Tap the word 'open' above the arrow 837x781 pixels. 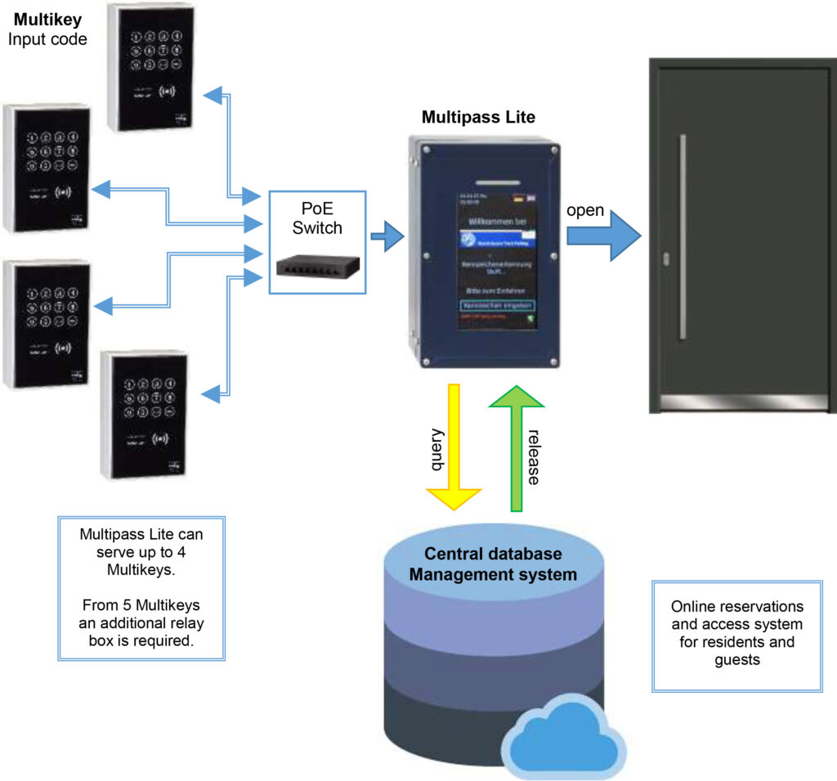[x=585, y=210]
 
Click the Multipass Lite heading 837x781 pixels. [x=478, y=117]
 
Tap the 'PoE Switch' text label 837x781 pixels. [x=317, y=219]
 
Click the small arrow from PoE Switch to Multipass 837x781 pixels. [x=387, y=237]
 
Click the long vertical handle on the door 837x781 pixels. [x=683, y=236]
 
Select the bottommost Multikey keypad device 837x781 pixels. [x=144, y=415]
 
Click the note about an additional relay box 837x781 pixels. [x=141, y=623]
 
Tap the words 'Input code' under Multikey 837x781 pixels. [x=47, y=38]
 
